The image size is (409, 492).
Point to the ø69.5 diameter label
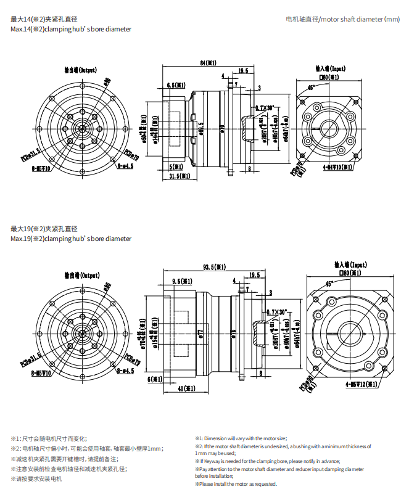click(202, 128)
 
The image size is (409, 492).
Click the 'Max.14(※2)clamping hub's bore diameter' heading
click(71, 29)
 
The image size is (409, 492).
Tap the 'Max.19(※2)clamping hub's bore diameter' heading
click(71, 239)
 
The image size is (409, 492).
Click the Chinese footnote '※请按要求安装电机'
click(36, 478)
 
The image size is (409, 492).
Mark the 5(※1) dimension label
click(176, 166)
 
